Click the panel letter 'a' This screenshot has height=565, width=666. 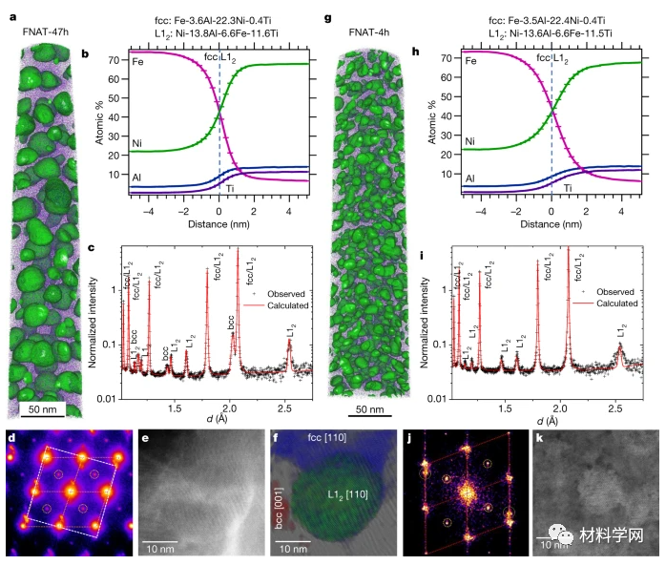(x=10, y=17)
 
